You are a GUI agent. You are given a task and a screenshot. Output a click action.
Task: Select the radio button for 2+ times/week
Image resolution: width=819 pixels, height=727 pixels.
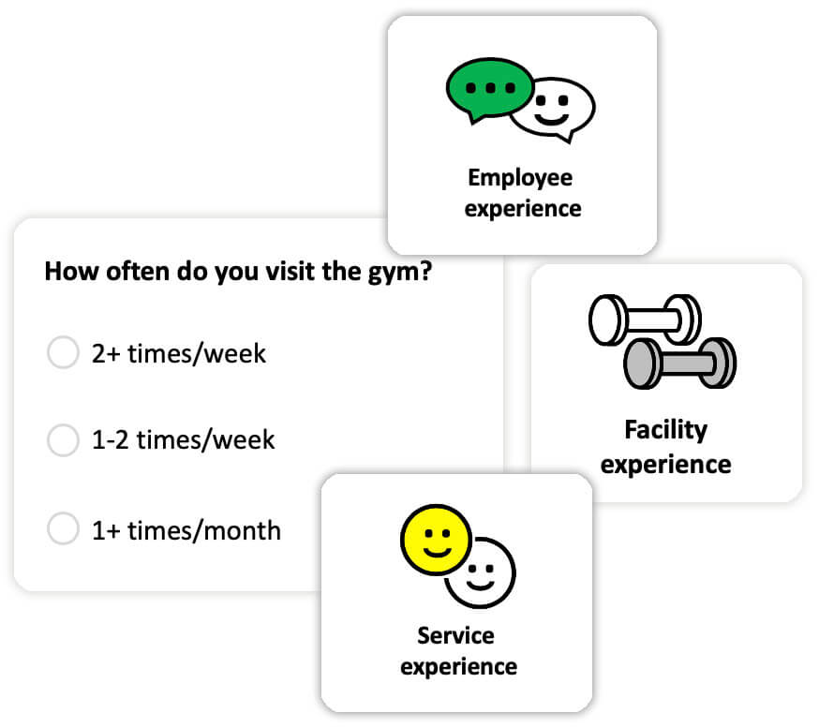[63, 353]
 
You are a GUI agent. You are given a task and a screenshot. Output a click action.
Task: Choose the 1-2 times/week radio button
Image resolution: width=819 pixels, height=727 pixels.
[63, 439]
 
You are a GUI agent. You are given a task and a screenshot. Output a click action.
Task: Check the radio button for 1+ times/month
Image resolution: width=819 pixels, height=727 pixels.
[63, 529]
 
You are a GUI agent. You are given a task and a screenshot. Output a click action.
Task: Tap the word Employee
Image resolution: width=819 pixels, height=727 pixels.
[520, 177]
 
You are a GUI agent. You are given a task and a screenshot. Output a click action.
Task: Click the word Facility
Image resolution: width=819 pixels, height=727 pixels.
[665, 430]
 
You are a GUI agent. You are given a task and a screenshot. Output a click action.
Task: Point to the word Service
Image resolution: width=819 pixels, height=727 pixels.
[455, 635]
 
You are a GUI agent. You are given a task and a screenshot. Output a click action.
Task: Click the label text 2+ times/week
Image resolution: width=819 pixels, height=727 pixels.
[179, 353]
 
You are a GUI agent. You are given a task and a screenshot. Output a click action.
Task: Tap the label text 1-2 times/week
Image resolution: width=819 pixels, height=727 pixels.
[184, 439]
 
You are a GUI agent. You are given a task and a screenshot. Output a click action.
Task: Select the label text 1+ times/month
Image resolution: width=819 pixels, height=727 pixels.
[186, 530]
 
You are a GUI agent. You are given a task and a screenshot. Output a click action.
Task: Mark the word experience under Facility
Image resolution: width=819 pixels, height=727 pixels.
[665, 463]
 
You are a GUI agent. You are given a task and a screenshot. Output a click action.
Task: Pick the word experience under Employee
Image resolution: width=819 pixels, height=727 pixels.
[522, 208]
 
